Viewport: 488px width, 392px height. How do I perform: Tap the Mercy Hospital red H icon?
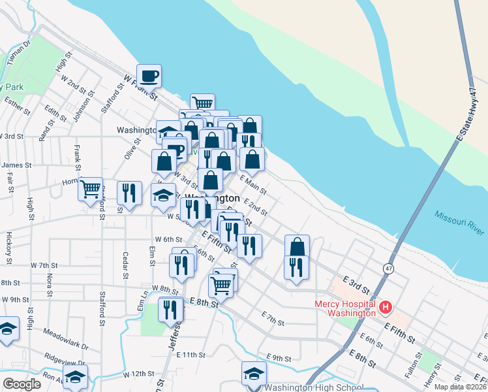[386, 306]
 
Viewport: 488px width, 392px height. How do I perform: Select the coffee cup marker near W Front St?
[149, 76]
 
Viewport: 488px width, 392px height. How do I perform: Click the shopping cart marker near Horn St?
[91, 189]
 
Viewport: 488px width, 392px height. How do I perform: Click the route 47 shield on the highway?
[388, 268]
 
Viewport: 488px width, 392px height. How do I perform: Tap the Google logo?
[22, 384]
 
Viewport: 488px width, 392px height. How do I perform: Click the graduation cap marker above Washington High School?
[254, 374]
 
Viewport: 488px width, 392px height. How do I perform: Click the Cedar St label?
[123, 265]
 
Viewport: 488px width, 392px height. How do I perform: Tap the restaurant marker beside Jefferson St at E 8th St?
[171, 309]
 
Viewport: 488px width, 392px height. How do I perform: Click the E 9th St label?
[279, 358]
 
